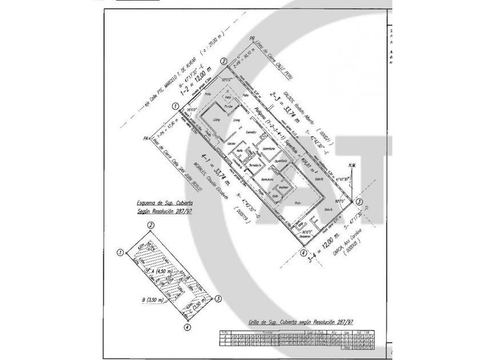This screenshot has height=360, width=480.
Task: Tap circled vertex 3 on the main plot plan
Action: coord(359,202)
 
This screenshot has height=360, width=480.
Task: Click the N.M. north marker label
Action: coord(351,166)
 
